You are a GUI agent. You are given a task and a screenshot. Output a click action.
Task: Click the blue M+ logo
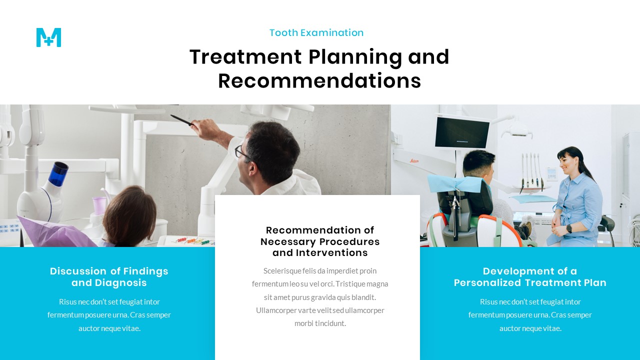click(48, 37)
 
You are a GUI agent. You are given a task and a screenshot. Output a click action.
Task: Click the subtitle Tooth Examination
click(316, 33)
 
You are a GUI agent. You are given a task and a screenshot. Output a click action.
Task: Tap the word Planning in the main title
click(355, 57)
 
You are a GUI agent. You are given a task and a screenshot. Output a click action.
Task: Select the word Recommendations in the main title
click(319, 81)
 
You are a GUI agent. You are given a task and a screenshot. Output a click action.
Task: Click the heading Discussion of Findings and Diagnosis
click(109, 277)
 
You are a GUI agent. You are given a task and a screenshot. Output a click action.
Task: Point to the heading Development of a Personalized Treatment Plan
click(530, 277)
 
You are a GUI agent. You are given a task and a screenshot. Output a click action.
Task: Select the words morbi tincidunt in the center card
click(320, 323)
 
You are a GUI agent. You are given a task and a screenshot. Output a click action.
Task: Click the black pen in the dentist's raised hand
click(181, 120)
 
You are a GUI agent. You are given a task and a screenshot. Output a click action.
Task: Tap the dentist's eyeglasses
click(242, 152)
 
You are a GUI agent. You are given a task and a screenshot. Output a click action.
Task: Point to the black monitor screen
click(461, 132)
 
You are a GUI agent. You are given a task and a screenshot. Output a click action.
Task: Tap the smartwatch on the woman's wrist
click(569, 228)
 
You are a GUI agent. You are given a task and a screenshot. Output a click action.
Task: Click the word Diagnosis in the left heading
click(123, 283)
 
